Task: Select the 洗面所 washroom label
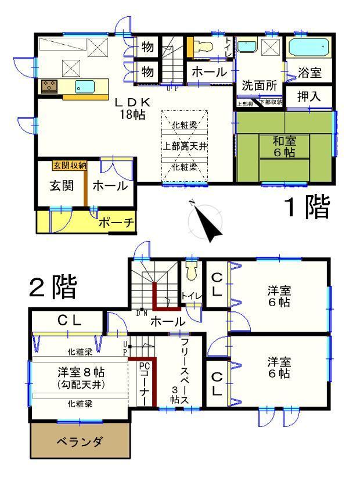coord(259,84)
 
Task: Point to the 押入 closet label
coord(309,96)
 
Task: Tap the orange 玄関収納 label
coord(70,166)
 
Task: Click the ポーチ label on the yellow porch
coord(117,222)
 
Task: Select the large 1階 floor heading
coord(305,207)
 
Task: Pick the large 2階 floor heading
coord(53,287)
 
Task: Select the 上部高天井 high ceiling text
coord(184,146)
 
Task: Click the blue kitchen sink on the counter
coord(85,87)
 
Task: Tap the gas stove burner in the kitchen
coord(49,87)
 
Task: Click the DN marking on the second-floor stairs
coord(141,313)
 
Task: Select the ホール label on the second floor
coord(168,321)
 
